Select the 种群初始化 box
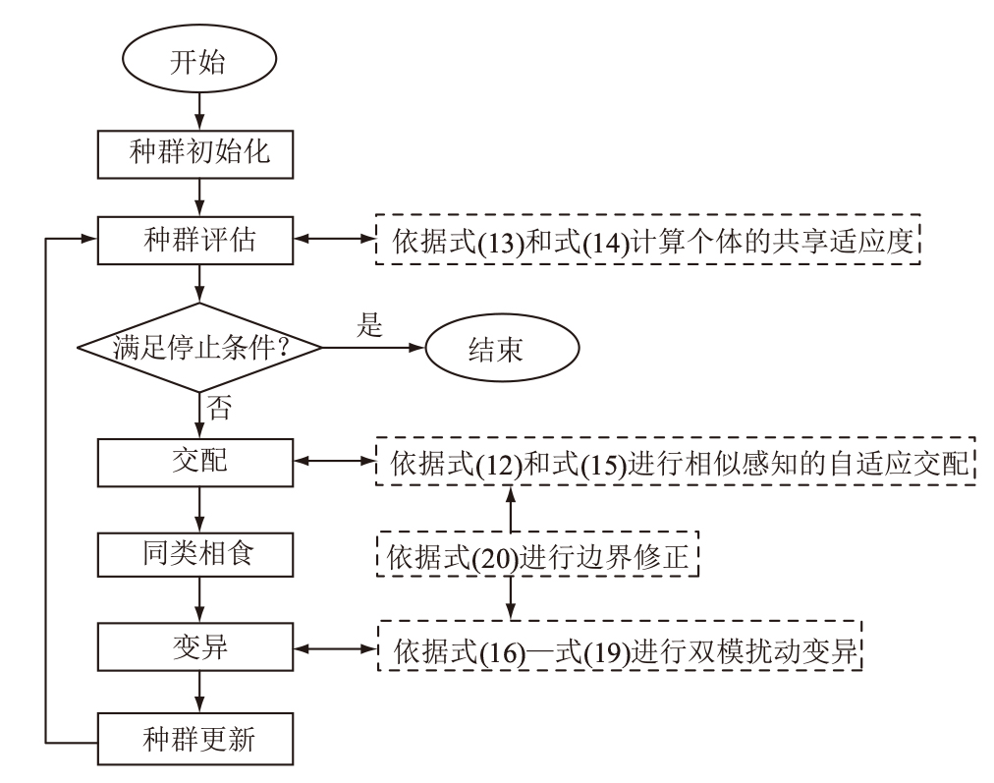199,153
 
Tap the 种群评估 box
199,241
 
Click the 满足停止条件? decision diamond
200,348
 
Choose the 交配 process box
199,460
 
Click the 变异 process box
199,648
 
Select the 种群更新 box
199,738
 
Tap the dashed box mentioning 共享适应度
650,241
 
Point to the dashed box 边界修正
537,556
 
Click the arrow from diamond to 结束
374,348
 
